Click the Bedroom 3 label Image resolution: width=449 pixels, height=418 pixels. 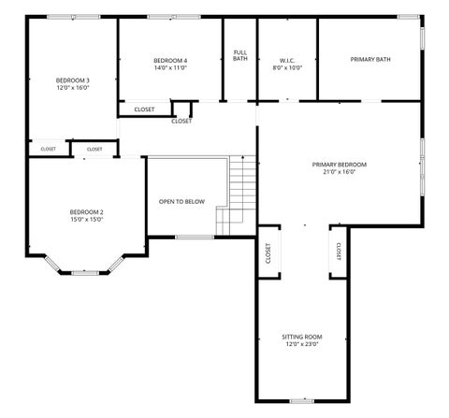click(x=73, y=80)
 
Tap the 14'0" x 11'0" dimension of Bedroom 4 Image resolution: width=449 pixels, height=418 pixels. click(x=170, y=67)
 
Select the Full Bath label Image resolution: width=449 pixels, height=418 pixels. click(x=240, y=55)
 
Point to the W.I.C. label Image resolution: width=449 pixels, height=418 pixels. click(x=287, y=61)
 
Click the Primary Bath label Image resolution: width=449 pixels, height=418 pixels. click(x=370, y=59)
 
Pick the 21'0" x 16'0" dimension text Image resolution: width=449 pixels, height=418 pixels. click(x=340, y=171)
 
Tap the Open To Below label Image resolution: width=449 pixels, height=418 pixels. click(x=181, y=202)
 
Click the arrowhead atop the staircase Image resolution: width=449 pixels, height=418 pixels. click(x=242, y=157)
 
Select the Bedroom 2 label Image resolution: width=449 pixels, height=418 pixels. click(x=86, y=212)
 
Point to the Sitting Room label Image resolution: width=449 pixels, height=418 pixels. click(x=302, y=337)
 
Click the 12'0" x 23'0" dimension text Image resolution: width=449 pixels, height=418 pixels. click(x=302, y=344)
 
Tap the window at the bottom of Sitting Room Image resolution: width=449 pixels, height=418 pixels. click(x=302, y=401)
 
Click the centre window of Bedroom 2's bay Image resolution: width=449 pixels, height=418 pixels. click(x=85, y=273)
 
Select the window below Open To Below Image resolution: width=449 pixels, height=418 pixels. click(x=195, y=238)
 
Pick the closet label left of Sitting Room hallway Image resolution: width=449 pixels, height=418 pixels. click(x=268, y=253)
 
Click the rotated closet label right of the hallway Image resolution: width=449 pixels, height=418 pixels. click(x=339, y=252)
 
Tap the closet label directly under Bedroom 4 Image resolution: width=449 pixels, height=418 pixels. click(x=144, y=109)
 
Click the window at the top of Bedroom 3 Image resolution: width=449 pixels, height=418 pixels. click(x=74, y=17)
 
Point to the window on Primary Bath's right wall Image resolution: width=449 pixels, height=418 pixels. click(x=422, y=38)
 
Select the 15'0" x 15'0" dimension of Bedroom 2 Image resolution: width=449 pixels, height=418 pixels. click(x=86, y=220)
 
